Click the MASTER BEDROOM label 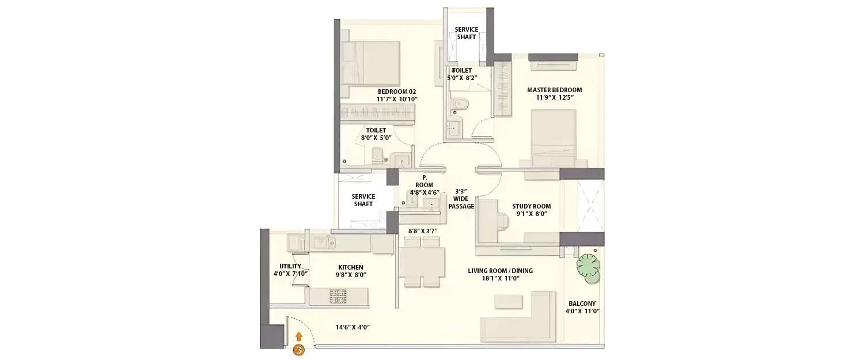(x=554, y=90)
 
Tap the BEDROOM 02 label (x=396, y=92)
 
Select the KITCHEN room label (x=350, y=267)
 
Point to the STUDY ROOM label (x=531, y=206)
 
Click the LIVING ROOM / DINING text (x=500, y=271)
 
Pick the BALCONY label (x=582, y=304)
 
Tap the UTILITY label (x=290, y=266)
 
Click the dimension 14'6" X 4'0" (x=353, y=327)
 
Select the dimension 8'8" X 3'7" (x=423, y=231)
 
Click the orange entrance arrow (x=298, y=336)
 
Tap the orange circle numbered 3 (x=298, y=350)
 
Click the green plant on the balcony (x=589, y=267)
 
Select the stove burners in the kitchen (x=338, y=296)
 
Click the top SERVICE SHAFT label (x=466, y=33)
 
